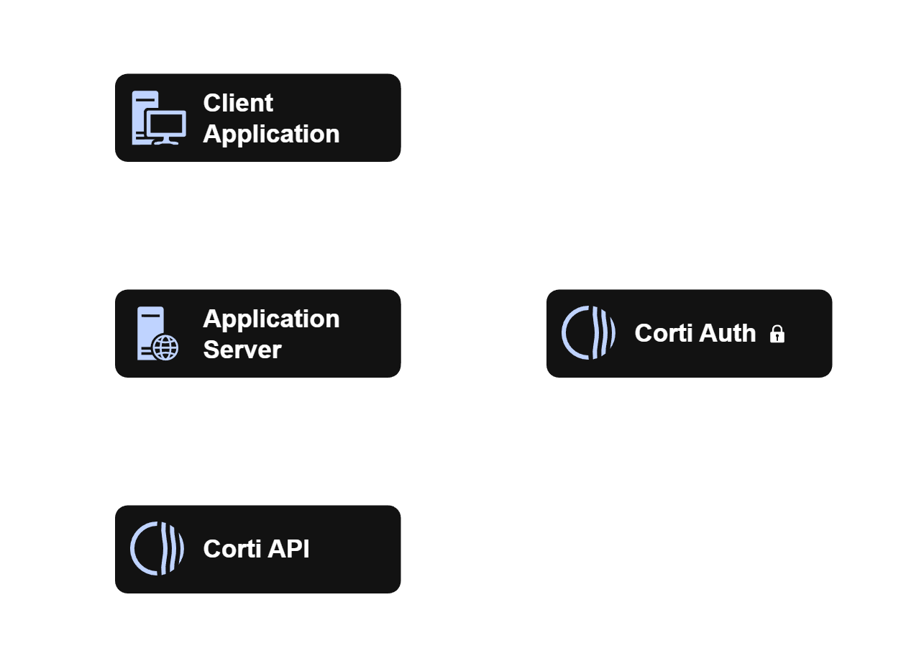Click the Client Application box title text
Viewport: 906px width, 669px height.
click(x=270, y=119)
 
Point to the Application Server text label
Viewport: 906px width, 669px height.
click(x=270, y=334)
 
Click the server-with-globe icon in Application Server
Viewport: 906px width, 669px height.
click(x=158, y=334)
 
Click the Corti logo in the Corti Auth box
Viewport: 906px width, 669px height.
click(x=588, y=333)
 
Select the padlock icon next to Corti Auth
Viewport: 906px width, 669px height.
click(x=777, y=334)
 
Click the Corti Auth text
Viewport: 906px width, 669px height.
click(x=695, y=334)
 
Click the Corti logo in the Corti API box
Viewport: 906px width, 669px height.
click(x=157, y=549)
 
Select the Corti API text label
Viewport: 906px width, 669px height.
click(x=256, y=549)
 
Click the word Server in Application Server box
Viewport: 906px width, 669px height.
click(x=242, y=350)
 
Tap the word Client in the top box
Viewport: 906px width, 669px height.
click(x=238, y=103)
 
